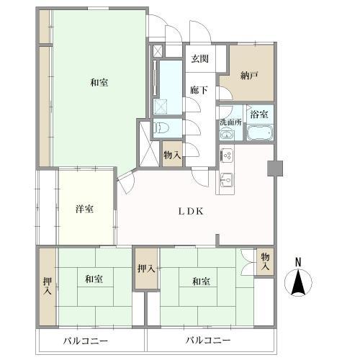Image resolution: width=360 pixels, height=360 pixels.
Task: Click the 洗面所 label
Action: tap(231, 122)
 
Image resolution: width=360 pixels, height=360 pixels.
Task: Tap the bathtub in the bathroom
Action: tap(259, 133)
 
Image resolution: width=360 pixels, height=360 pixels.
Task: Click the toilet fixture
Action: tap(163, 129)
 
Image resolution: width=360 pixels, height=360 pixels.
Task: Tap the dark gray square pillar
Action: tap(274, 168)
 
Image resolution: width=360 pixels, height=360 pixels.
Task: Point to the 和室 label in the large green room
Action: tap(99, 82)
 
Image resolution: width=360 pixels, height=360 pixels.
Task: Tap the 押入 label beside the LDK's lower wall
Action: tap(145, 269)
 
